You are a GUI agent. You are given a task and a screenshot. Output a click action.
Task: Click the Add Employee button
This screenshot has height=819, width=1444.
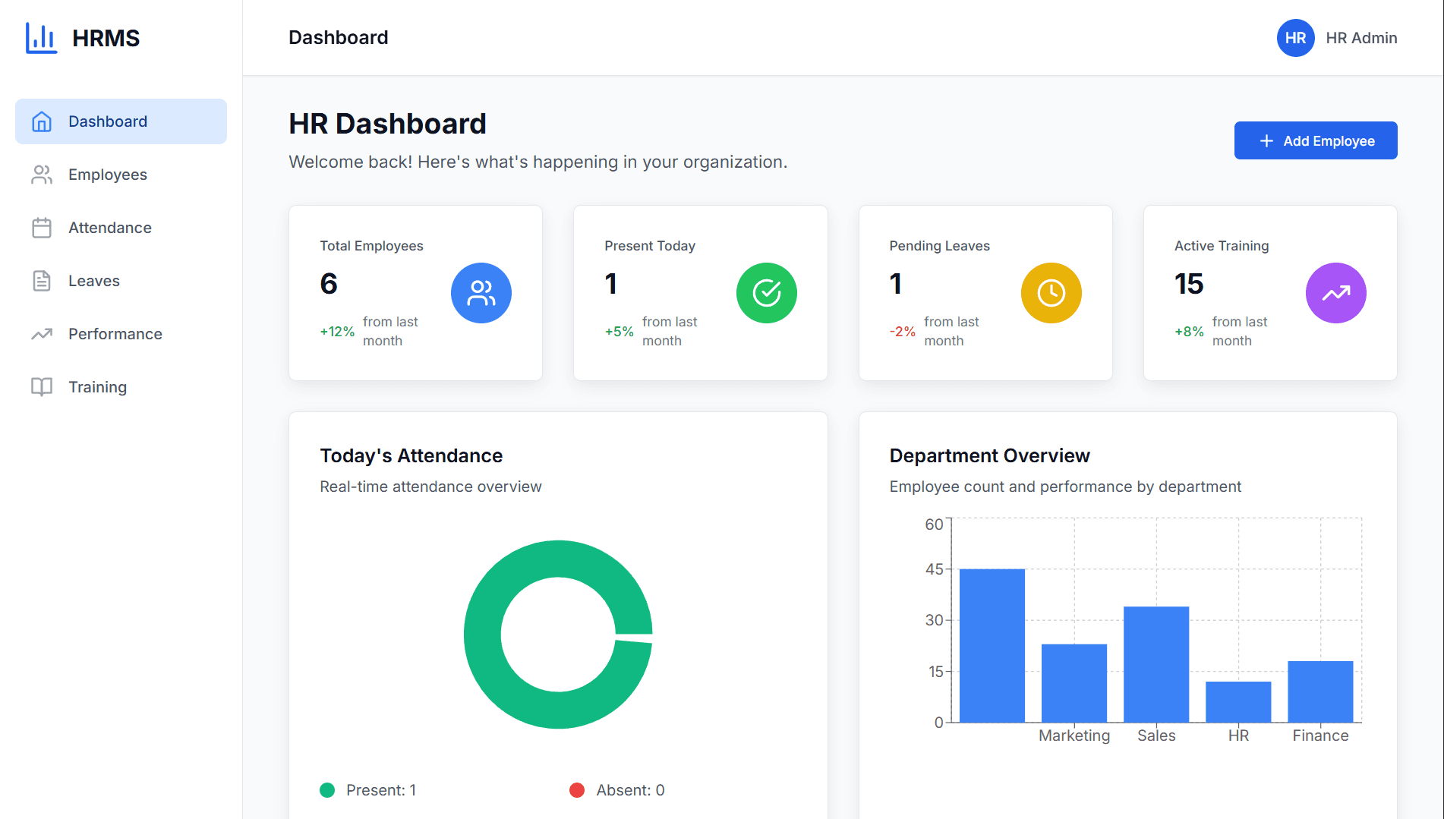(x=1315, y=140)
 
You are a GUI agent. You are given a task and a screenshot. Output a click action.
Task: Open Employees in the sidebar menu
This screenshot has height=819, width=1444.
(x=107, y=175)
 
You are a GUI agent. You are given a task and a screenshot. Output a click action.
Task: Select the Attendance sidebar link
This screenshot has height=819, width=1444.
(x=109, y=228)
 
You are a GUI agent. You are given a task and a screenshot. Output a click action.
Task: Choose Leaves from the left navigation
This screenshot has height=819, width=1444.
(x=93, y=281)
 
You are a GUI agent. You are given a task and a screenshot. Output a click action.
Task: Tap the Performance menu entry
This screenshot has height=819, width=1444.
(x=115, y=334)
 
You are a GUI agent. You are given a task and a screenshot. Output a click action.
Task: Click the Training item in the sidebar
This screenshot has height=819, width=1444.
(x=97, y=387)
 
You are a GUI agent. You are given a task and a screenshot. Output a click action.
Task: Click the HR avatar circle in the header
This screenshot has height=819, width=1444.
(x=1295, y=38)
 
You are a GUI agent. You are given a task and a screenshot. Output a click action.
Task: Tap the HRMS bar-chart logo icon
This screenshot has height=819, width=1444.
(x=41, y=38)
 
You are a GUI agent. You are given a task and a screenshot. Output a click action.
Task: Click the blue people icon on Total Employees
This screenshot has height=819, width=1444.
(x=481, y=293)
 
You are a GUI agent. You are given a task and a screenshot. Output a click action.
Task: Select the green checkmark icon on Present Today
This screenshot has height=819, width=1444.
(x=766, y=293)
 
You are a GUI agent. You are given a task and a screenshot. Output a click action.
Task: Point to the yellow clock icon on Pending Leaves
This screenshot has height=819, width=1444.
(x=1051, y=293)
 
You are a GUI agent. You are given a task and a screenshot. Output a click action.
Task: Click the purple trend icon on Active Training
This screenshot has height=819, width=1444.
(x=1335, y=293)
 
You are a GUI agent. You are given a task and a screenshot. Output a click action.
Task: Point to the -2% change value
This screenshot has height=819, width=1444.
(x=902, y=332)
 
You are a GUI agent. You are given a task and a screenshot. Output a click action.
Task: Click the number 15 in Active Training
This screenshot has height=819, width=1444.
(x=1189, y=284)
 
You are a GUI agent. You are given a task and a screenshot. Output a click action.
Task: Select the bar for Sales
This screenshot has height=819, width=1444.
(x=1156, y=664)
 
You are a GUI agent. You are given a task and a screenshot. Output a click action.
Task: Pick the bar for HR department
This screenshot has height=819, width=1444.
(x=1237, y=701)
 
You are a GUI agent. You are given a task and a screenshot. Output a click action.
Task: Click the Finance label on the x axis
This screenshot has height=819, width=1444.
(x=1320, y=736)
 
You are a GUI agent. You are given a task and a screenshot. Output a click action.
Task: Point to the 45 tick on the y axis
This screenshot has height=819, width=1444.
(x=934, y=569)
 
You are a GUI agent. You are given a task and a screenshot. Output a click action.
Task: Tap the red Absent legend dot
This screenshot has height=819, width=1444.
(x=577, y=790)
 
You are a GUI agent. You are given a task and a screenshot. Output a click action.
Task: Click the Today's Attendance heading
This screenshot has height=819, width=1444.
(x=411, y=455)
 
